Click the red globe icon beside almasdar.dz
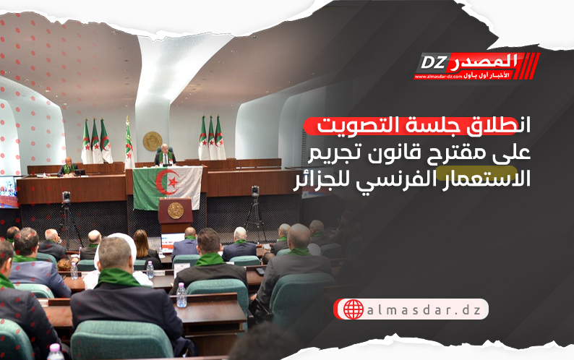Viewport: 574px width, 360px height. (354, 309)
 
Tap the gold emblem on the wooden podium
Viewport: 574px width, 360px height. (176, 210)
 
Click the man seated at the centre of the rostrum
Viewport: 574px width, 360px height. (165, 155)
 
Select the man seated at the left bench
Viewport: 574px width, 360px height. (69, 167)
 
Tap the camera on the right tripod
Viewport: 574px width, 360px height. (254, 192)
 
